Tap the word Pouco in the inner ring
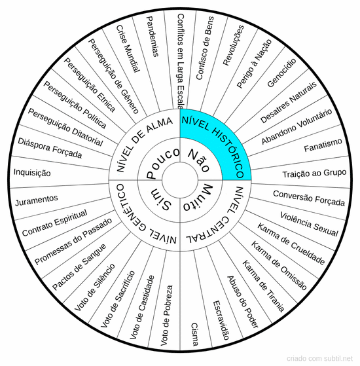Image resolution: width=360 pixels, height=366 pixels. [162, 163]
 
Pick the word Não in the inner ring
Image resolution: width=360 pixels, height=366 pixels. [199, 160]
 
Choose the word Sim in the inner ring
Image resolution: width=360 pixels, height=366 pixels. [161, 198]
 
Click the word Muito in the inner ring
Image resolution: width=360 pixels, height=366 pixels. [198, 198]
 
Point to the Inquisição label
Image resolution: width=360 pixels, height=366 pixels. [32, 172]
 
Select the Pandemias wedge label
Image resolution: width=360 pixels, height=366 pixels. [153, 37]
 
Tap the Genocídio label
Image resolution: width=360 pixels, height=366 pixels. [281, 73]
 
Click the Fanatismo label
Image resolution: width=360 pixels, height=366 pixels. [323, 145]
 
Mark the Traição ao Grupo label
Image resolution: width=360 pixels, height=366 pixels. [314, 174]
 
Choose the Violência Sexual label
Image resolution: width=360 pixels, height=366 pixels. [309, 224]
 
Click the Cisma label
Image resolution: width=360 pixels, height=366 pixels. [194, 335]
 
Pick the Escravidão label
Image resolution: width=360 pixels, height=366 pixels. [221, 320]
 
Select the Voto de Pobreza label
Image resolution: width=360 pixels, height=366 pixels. [167, 316]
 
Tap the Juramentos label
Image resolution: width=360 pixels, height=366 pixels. [37, 200]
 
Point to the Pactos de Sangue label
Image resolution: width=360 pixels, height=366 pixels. [79, 266]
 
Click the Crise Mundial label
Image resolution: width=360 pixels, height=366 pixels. [128, 48]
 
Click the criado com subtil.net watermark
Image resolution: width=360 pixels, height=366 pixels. [319, 358]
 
